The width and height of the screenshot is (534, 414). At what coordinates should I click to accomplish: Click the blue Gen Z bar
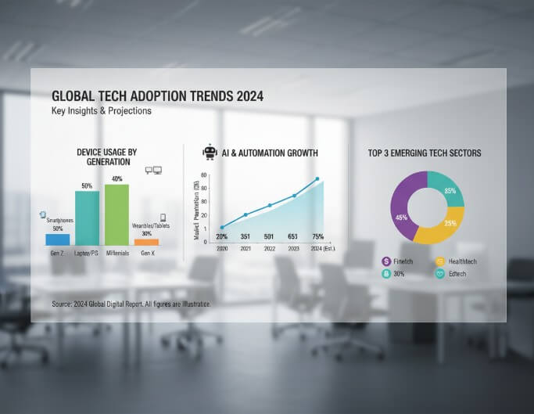tap(57, 239)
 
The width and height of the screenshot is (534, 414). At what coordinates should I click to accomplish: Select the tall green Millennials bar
tap(116, 214)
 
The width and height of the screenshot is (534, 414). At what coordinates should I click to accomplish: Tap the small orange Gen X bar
tap(146, 242)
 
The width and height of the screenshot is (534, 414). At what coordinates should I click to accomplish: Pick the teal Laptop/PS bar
tap(87, 218)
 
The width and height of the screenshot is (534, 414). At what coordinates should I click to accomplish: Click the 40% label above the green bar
tap(116, 178)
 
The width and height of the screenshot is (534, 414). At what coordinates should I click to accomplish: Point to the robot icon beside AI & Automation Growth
tap(209, 153)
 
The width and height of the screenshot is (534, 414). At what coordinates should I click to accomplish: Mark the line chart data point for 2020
tap(222, 227)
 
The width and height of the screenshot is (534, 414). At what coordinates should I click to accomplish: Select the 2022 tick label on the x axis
tap(270, 249)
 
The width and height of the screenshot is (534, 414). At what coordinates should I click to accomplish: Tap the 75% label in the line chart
tap(318, 237)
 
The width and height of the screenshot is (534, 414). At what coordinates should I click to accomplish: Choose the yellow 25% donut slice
tap(435, 229)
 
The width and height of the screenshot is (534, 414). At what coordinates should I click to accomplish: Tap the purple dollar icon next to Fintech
tap(386, 261)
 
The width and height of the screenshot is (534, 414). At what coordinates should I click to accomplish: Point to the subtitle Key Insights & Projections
tap(101, 111)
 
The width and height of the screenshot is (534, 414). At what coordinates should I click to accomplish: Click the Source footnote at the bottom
tap(131, 303)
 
